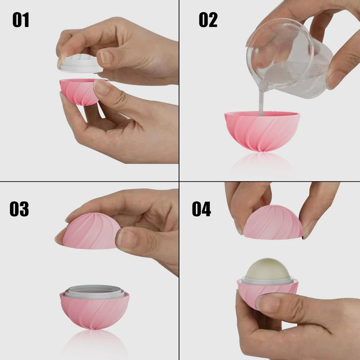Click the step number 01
coord(21,20)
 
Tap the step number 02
coord(208,20)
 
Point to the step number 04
coord(202,209)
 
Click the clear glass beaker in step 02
coord(288,58)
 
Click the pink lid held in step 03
coord(90,229)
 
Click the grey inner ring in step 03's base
coord(94,292)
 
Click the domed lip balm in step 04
coord(267,270)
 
